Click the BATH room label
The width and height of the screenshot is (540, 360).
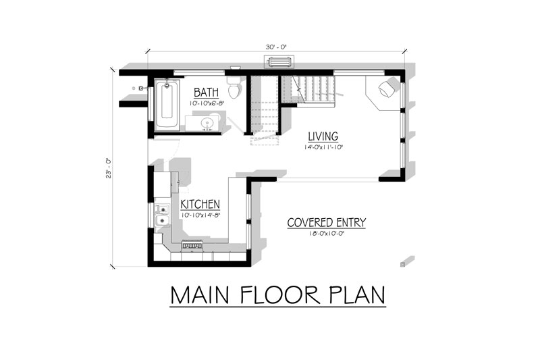206,93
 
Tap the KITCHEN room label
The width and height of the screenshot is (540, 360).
200,204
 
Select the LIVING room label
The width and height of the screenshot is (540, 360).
323,136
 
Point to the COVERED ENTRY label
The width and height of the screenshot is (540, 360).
326,222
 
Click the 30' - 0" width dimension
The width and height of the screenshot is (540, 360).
276,47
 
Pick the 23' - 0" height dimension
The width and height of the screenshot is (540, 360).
108,168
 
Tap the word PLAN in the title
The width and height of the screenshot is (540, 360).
357,295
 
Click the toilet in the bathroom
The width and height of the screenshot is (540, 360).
234,87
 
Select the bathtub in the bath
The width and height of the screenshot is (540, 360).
167,105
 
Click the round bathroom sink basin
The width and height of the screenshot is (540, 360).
208,123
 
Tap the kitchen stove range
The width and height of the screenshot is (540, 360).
192,245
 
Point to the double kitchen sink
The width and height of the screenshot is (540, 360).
161,215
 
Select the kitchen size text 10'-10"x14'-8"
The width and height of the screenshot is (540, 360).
200,215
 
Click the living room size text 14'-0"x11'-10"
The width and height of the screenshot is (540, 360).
324,147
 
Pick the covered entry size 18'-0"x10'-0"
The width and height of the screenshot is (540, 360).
327,233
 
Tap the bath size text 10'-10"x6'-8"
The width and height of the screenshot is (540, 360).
207,103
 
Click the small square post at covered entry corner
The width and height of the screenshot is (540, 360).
402,265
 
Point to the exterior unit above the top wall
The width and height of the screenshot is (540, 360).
279,62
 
